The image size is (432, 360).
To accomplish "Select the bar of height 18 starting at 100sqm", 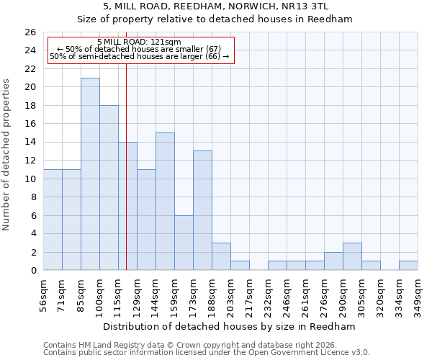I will [109, 188].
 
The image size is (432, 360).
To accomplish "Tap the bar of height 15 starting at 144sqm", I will [165, 202].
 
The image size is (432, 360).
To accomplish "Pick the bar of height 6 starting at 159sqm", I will [184, 243].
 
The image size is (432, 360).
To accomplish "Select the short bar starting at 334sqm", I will [408, 266].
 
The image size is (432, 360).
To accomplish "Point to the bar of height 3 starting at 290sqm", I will [352, 257].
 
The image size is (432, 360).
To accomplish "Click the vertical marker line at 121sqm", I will [126, 180].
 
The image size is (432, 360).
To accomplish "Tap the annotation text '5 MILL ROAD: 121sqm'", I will [139, 42].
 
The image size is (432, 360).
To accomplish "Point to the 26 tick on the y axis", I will [30, 32].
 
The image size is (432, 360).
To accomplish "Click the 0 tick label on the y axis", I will [33, 271].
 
